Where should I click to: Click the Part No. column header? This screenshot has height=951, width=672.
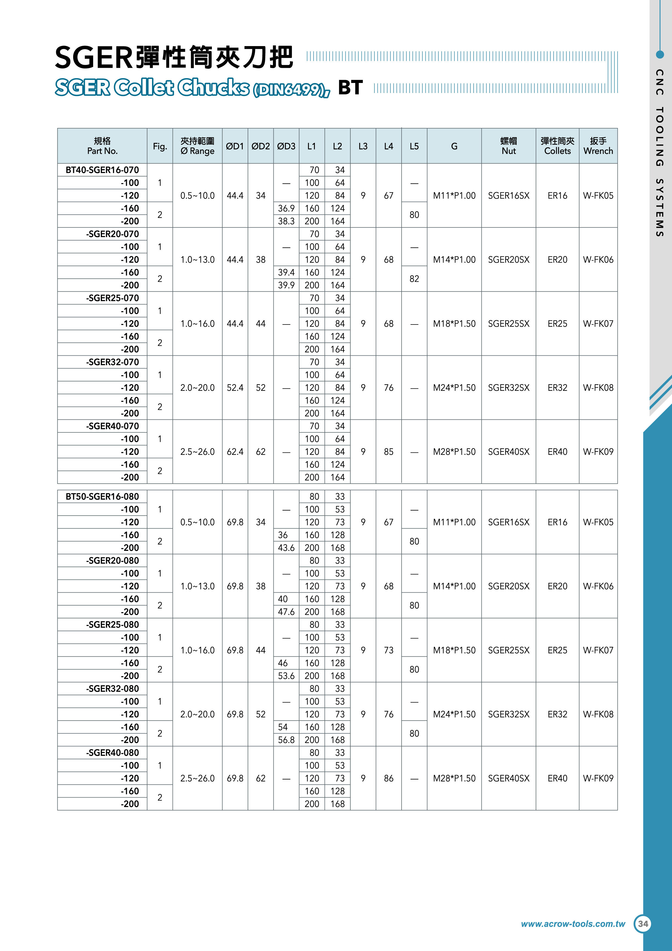click(102, 146)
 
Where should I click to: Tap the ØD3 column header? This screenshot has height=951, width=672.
click(286, 146)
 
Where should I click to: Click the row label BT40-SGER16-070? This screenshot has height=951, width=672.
click(102, 170)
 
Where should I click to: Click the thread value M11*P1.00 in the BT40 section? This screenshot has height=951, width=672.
click(454, 195)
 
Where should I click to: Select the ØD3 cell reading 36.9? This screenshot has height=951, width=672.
click(286, 208)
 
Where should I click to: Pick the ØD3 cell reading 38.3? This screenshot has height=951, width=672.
click(286, 221)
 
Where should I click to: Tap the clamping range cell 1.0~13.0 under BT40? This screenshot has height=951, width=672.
click(198, 260)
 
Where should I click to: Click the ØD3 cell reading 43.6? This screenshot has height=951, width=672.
click(286, 548)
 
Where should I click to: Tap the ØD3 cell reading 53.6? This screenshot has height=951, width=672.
click(286, 676)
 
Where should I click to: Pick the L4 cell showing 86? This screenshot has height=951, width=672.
click(388, 778)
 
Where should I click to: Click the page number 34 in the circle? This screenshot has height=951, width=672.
click(643, 924)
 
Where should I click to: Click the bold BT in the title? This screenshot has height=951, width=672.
click(350, 87)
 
